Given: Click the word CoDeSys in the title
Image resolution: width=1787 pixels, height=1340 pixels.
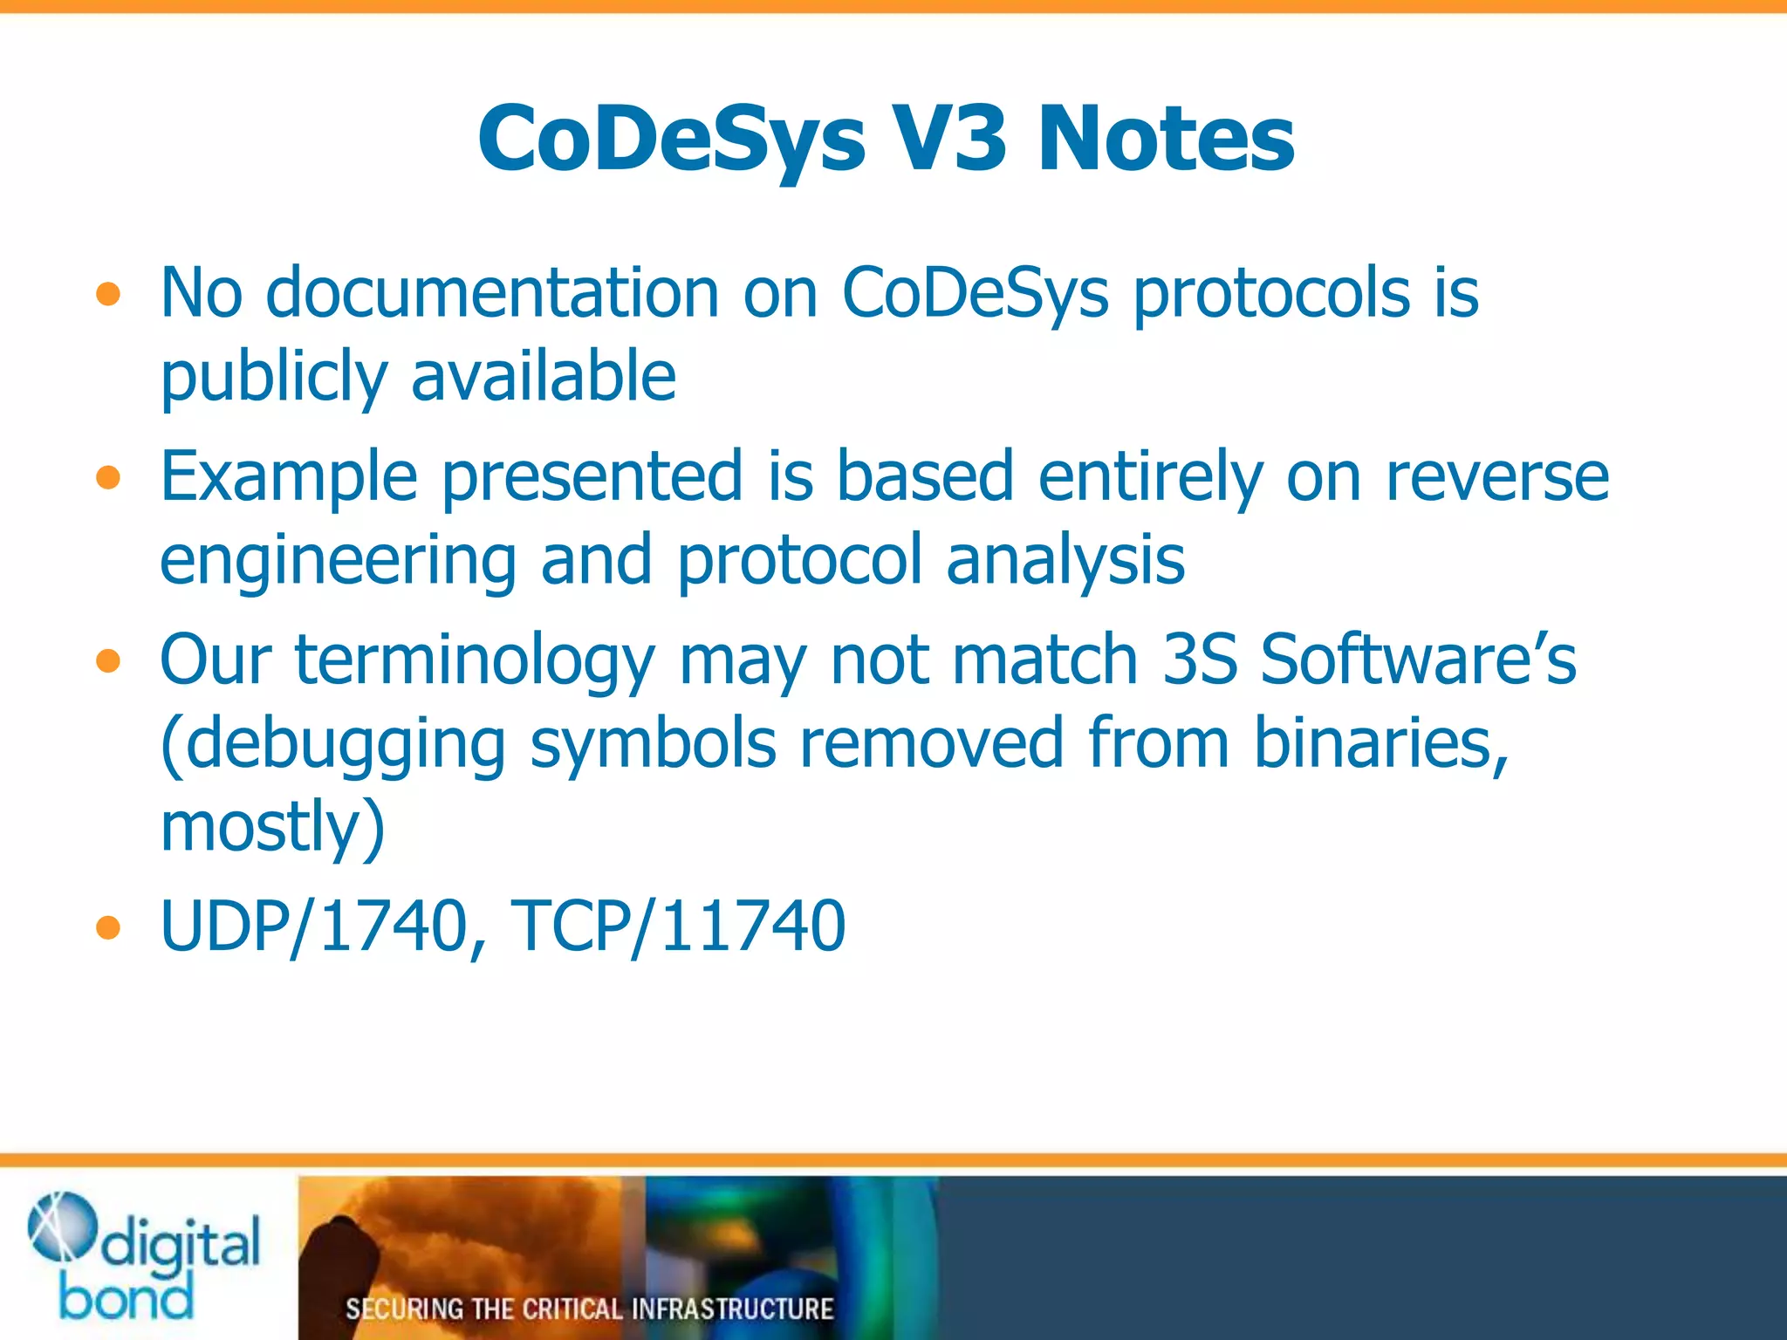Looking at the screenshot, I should tap(671, 140).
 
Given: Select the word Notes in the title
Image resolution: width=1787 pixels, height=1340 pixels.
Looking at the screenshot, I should tap(1166, 140).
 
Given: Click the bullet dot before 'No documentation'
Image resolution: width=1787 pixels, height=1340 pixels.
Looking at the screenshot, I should tap(108, 294).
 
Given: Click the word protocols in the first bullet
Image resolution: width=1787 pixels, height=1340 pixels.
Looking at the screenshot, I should tap(1271, 294).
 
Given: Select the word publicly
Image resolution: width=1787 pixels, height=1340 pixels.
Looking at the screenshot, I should tap(274, 377).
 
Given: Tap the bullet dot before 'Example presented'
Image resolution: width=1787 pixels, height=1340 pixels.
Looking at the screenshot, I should tap(108, 478).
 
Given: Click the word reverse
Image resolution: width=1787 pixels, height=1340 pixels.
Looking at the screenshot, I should tap(1497, 477).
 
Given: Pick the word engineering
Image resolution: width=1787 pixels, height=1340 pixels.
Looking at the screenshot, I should tap(338, 561).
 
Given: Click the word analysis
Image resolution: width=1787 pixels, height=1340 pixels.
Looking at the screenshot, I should tap(1065, 559).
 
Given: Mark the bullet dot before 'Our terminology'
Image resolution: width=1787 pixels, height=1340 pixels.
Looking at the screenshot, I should tap(108, 662).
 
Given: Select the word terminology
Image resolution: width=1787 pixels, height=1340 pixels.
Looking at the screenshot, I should tap(474, 660).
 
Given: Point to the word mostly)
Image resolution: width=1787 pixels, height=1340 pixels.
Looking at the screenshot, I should tap(273, 826).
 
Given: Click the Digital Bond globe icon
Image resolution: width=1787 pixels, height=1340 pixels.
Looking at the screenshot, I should tap(62, 1227).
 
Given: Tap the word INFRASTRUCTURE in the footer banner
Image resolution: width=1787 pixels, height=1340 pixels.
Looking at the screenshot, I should tap(732, 1309).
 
